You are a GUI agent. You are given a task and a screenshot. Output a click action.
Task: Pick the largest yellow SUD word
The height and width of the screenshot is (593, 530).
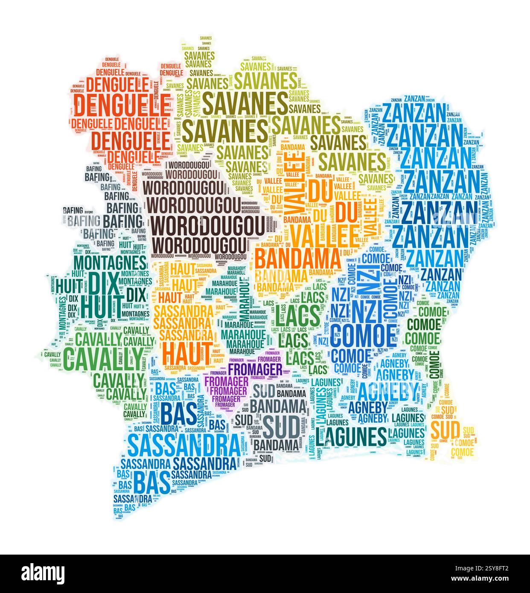point(445,430)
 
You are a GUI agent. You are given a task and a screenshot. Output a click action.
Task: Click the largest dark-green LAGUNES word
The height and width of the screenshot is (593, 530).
point(351,436)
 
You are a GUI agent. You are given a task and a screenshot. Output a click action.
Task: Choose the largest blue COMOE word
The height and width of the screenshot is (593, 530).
point(362,335)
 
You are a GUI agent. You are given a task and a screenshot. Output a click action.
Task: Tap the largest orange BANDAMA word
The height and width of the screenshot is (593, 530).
point(298,259)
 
